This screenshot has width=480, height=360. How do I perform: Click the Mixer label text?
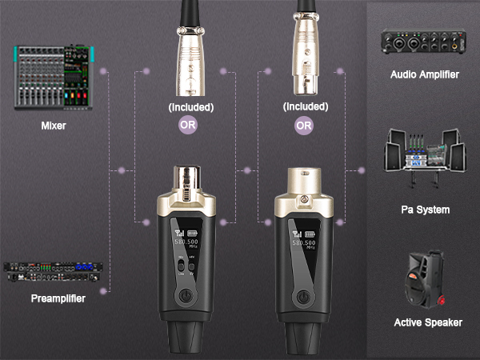53,126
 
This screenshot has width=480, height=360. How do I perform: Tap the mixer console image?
53,78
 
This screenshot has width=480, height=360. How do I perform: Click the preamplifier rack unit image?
53,272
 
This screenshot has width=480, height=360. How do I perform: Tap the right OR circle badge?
304,125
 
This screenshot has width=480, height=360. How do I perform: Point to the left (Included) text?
190,106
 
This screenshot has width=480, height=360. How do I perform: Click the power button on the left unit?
186,298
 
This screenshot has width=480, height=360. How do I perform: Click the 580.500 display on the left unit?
189,242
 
